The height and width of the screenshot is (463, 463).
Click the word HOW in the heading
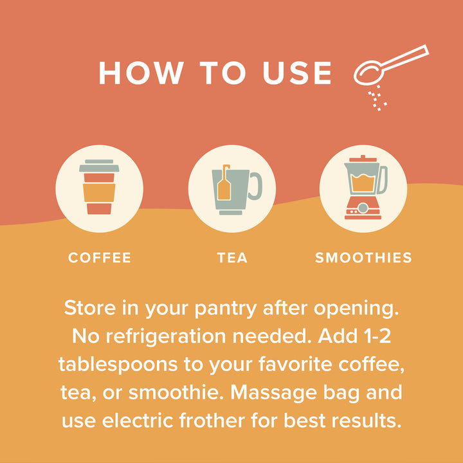(x=141, y=73)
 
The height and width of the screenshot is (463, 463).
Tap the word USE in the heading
(x=296, y=73)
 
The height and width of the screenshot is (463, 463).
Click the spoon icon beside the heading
(x=391, y=65)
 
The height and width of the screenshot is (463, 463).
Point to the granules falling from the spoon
(x=377, y=98)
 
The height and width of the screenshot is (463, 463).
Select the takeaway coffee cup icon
(x=99, y=187)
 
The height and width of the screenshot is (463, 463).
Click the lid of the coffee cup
(x=99, y=166)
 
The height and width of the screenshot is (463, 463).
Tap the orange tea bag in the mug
(x=224, y=185)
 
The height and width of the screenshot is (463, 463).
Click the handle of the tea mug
(x=257, y=185)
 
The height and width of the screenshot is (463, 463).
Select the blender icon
(x=365, y=187)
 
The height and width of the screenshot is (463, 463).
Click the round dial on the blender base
(x=363, y=208)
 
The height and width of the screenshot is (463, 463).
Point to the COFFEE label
(x=100, y=258)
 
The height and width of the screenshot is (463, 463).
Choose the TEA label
(x=232, y=258)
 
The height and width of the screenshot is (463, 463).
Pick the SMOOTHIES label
(x=363, y=258)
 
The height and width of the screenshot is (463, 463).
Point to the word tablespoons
(x=118, y=365)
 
